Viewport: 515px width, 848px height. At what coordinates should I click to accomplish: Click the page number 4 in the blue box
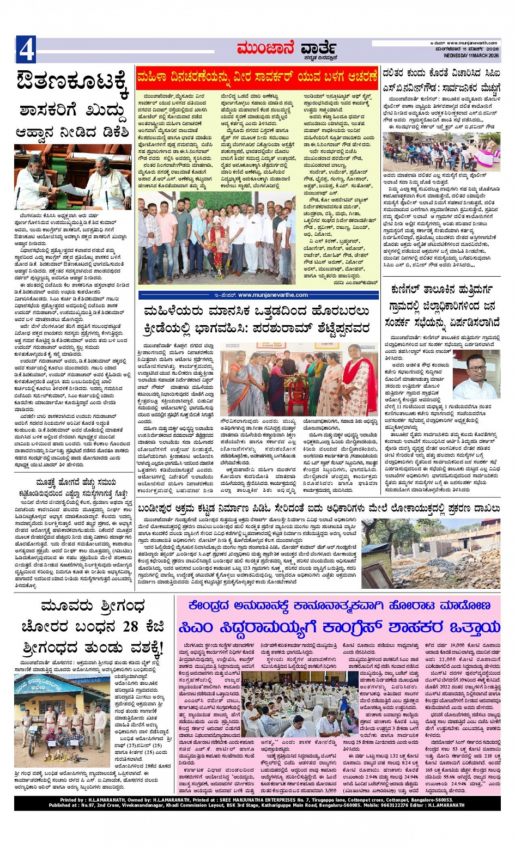click(x=26, y=50)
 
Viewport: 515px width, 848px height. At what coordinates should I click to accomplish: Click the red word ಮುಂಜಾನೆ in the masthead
click(x=265, y=48)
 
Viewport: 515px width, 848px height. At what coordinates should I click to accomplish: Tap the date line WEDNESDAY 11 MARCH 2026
click(x=471, y=55)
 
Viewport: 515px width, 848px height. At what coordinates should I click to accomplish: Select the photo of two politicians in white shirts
click(x=72, y=177)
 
